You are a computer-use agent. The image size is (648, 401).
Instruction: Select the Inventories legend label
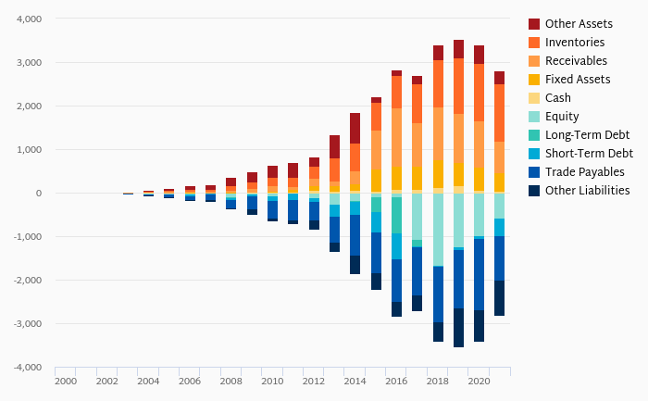575,43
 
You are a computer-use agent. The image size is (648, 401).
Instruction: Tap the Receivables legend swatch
534,61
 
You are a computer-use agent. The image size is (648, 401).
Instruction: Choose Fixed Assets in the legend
578,80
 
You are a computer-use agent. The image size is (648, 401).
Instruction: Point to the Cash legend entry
558,98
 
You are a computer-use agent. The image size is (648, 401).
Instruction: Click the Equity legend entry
562,117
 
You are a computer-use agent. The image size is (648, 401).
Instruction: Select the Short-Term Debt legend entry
589,154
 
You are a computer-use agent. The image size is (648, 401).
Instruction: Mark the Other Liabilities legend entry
588,191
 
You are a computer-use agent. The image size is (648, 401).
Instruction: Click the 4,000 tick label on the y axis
30,19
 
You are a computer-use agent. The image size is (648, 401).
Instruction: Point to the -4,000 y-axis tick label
28,368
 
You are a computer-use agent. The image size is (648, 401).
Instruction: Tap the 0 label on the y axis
39,194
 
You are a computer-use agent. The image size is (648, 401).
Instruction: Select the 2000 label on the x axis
65,382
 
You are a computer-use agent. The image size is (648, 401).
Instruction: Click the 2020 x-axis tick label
479,382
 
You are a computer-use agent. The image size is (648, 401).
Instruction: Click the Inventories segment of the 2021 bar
500,113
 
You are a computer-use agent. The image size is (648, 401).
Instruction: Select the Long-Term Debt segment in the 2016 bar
396,215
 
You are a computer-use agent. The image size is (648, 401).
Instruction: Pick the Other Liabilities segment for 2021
500,298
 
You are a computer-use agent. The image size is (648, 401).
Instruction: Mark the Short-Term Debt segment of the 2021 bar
500,227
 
